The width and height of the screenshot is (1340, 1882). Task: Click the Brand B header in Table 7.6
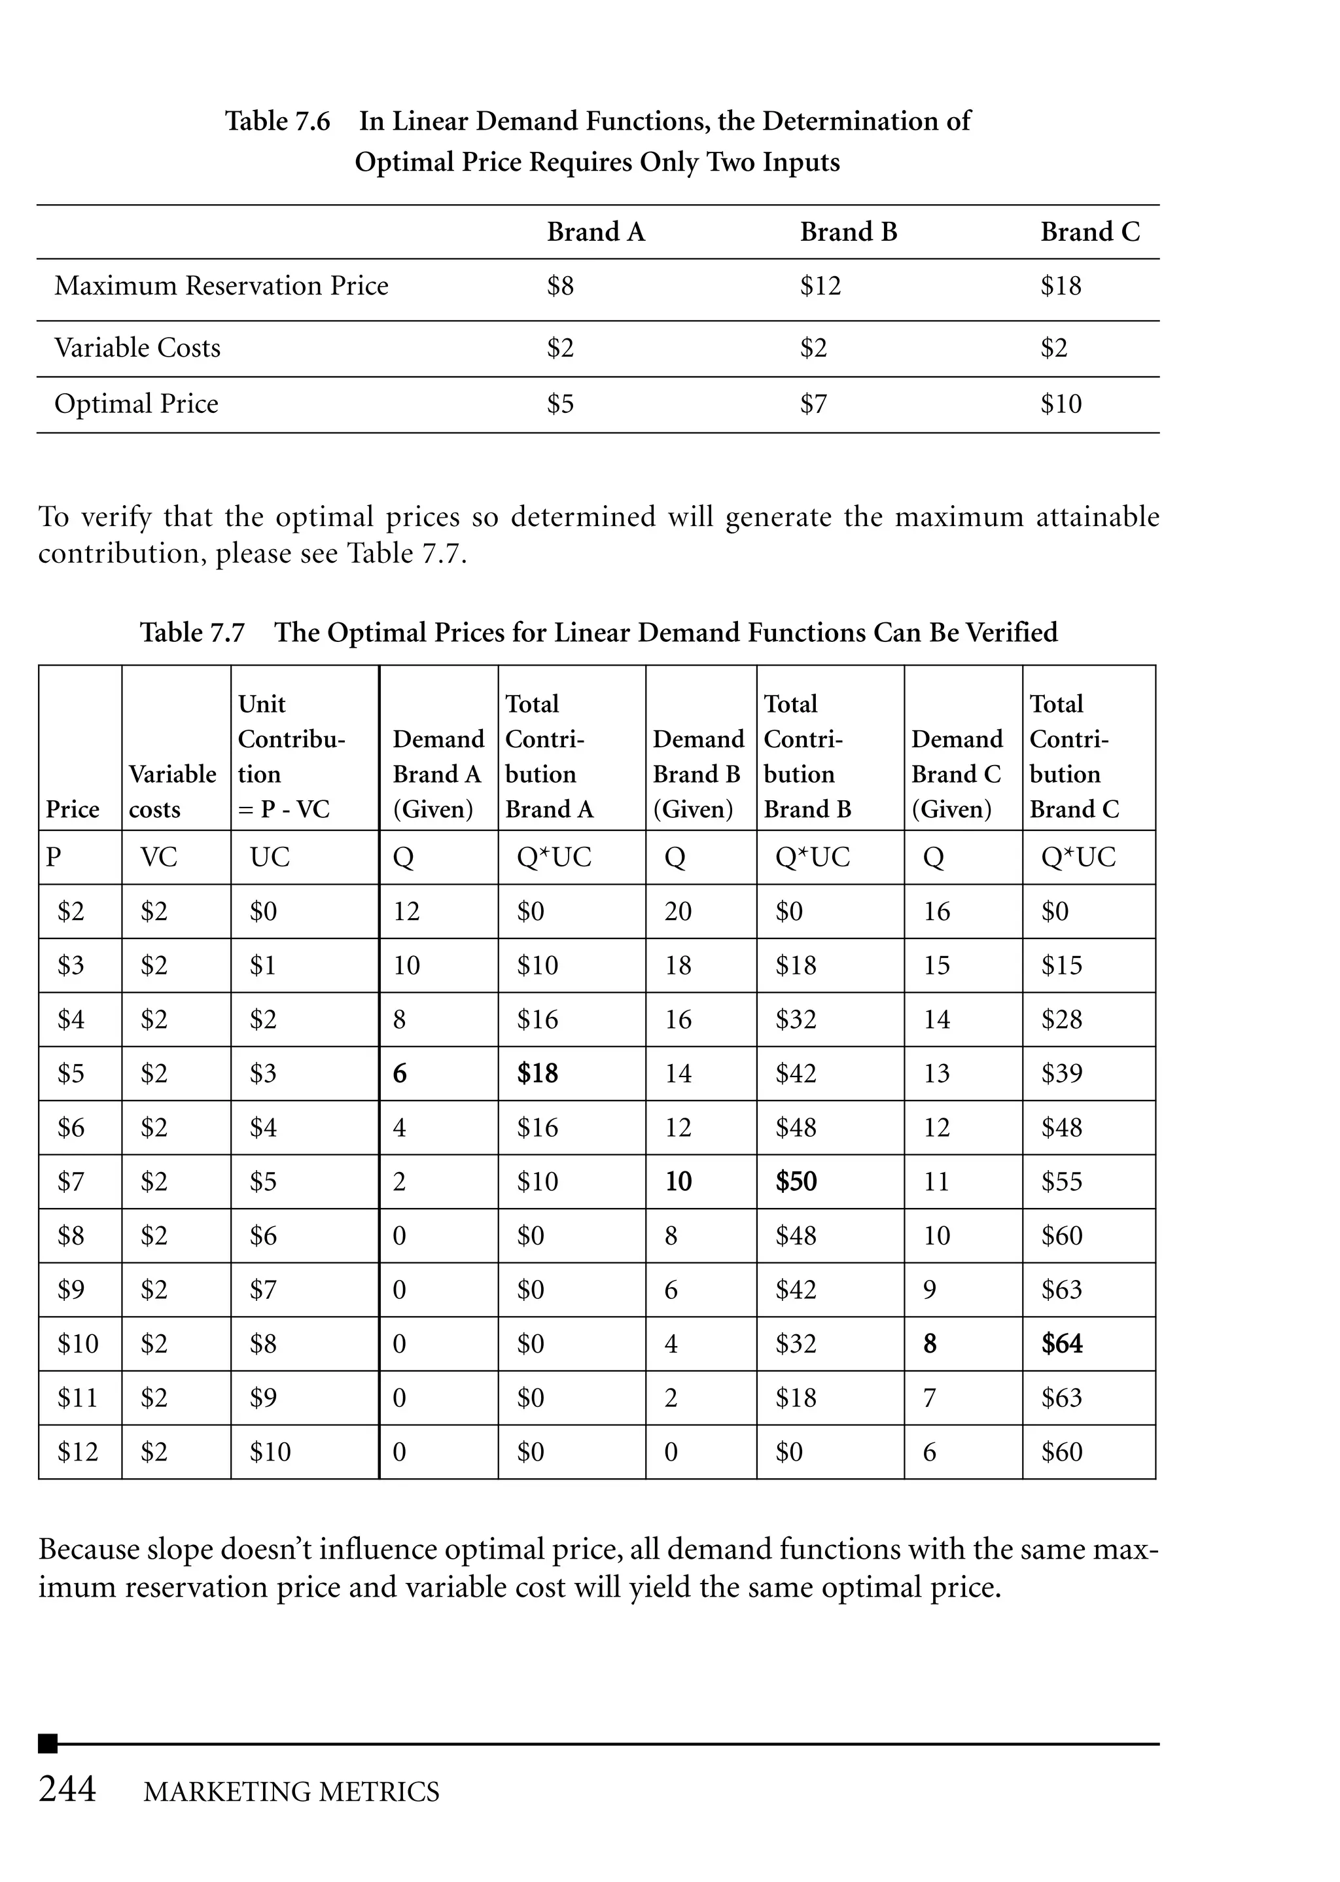(847, 232)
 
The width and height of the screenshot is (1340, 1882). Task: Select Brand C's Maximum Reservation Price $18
(1059, 287)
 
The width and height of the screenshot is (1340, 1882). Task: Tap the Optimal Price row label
(136, 404)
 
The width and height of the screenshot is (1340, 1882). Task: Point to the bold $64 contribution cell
(1061, 1344)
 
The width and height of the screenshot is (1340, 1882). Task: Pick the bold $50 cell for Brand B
(796, 1182)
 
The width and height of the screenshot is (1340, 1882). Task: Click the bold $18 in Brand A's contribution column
(537, 1073)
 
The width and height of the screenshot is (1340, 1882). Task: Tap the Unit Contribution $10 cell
(270, 1452)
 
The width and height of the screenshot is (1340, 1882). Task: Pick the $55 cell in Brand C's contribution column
(1061, 1182)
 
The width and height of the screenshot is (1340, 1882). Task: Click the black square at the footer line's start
(48, 1743)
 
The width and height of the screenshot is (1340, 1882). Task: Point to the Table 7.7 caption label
(192, 633)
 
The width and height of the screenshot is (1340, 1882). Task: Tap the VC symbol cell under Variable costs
(158, 857)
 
